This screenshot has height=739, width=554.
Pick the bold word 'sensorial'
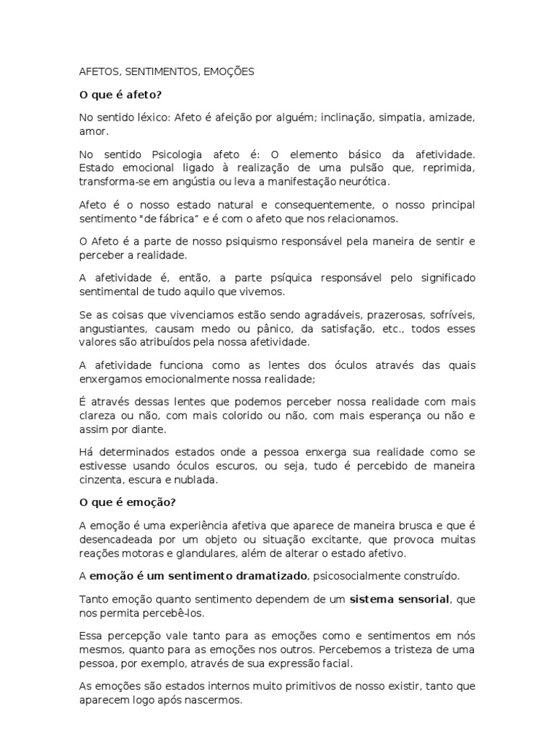(x=419, y=598)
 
